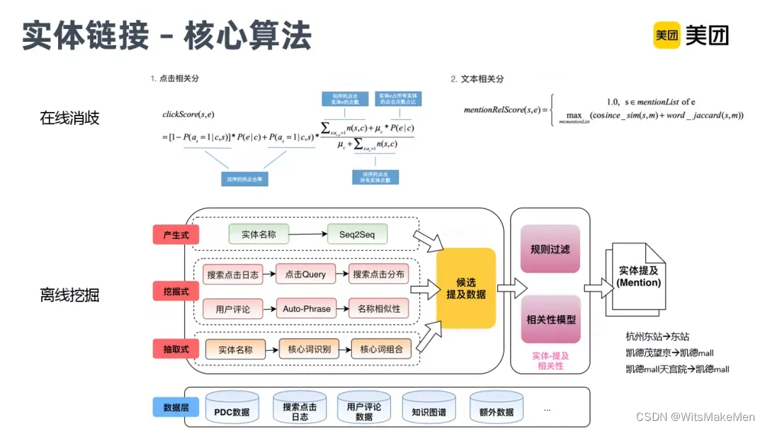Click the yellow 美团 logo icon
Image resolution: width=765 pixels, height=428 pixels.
[x=667, y=35]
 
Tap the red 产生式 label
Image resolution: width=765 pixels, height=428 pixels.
[x=176, y=235]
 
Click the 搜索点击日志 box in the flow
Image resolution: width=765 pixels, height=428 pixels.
[x=232, y=274]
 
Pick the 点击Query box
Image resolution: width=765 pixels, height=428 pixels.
[x=305, y=274]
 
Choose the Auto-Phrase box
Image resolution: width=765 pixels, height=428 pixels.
[x=307, y=308]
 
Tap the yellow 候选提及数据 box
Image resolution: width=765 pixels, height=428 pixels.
[x=465, y=288]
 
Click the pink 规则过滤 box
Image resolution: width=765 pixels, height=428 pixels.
[x=550, y=249]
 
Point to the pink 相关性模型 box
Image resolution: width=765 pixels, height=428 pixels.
[x=550, y=319]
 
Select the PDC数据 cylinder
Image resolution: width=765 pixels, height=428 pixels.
[x=232, y=410]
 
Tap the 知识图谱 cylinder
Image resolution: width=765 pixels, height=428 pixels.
[x=429, y=410]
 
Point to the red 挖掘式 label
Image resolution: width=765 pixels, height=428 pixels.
[x=176, y=291]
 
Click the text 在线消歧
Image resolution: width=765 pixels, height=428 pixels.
[x=69, y=118]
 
